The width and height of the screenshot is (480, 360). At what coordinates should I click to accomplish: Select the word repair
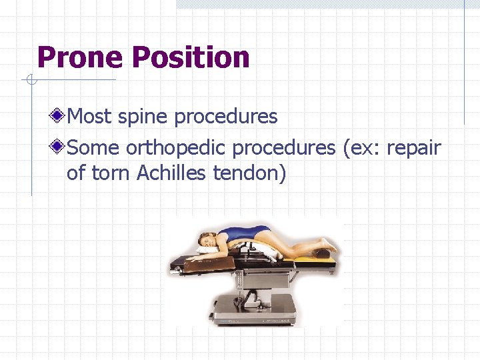tap(413, 147)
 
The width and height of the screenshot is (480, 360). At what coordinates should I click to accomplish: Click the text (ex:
tap(361, 147)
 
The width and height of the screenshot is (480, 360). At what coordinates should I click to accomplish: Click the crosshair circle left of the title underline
tap(30, 81)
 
